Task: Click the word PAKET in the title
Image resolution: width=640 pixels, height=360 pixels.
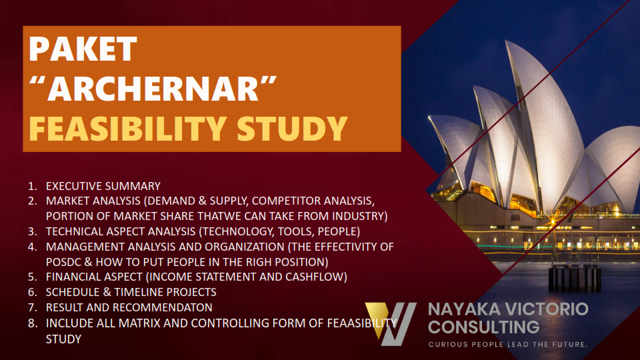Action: [x=83, y=49]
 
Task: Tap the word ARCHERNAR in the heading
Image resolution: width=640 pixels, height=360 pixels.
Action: [x=153, y=89]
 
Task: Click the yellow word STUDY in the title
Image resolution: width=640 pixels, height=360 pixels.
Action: [x=292, y=129]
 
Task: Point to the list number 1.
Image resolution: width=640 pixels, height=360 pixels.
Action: [x=32, y=186]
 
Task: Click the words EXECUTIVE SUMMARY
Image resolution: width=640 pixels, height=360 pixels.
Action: [x=103, y=186]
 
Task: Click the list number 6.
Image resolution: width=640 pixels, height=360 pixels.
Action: [x=32, y=292]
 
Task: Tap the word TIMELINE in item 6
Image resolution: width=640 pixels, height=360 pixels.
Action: [x=139, y=292]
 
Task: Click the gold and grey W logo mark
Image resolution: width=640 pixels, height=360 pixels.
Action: [x=391, y=324]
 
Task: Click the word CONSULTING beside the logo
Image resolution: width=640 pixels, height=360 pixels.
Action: [x=484, y=327]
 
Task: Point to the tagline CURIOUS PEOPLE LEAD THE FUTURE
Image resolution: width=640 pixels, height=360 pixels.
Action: [x=508, y=345]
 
